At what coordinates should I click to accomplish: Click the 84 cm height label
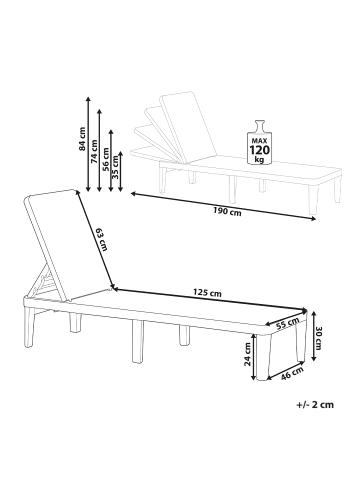pos(82,139)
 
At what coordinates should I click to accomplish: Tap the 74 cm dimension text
pos(94,151)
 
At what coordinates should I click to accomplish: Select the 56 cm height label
pos(106,159)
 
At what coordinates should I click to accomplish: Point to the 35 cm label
pos(116,167)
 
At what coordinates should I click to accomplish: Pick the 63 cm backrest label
pos(101,239)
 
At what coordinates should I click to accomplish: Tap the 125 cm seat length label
pos(207,293)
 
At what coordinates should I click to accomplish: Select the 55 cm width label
pos(288,324)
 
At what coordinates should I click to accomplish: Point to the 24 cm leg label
pos(248,355)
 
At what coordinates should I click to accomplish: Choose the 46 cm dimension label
pos(292,374)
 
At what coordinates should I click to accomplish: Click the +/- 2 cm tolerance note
pos(315,405)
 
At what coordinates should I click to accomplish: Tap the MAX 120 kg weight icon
pos(260,142)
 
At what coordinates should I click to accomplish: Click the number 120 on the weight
pos(260,150)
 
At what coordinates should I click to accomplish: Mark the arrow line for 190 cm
pos(223,206)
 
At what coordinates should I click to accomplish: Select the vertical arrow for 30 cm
pos(313,336)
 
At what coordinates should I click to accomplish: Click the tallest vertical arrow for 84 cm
pos(88,144)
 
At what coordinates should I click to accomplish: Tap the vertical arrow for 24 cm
pos(254,356)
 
